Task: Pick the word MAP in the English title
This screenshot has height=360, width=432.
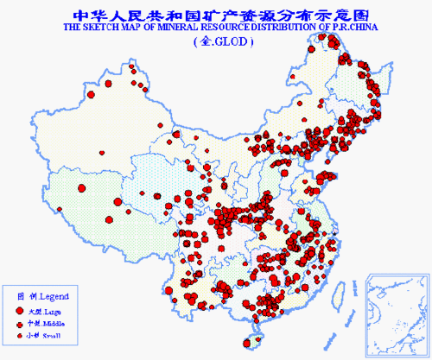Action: [137, 28]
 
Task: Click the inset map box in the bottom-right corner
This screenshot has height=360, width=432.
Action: [397, 310]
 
